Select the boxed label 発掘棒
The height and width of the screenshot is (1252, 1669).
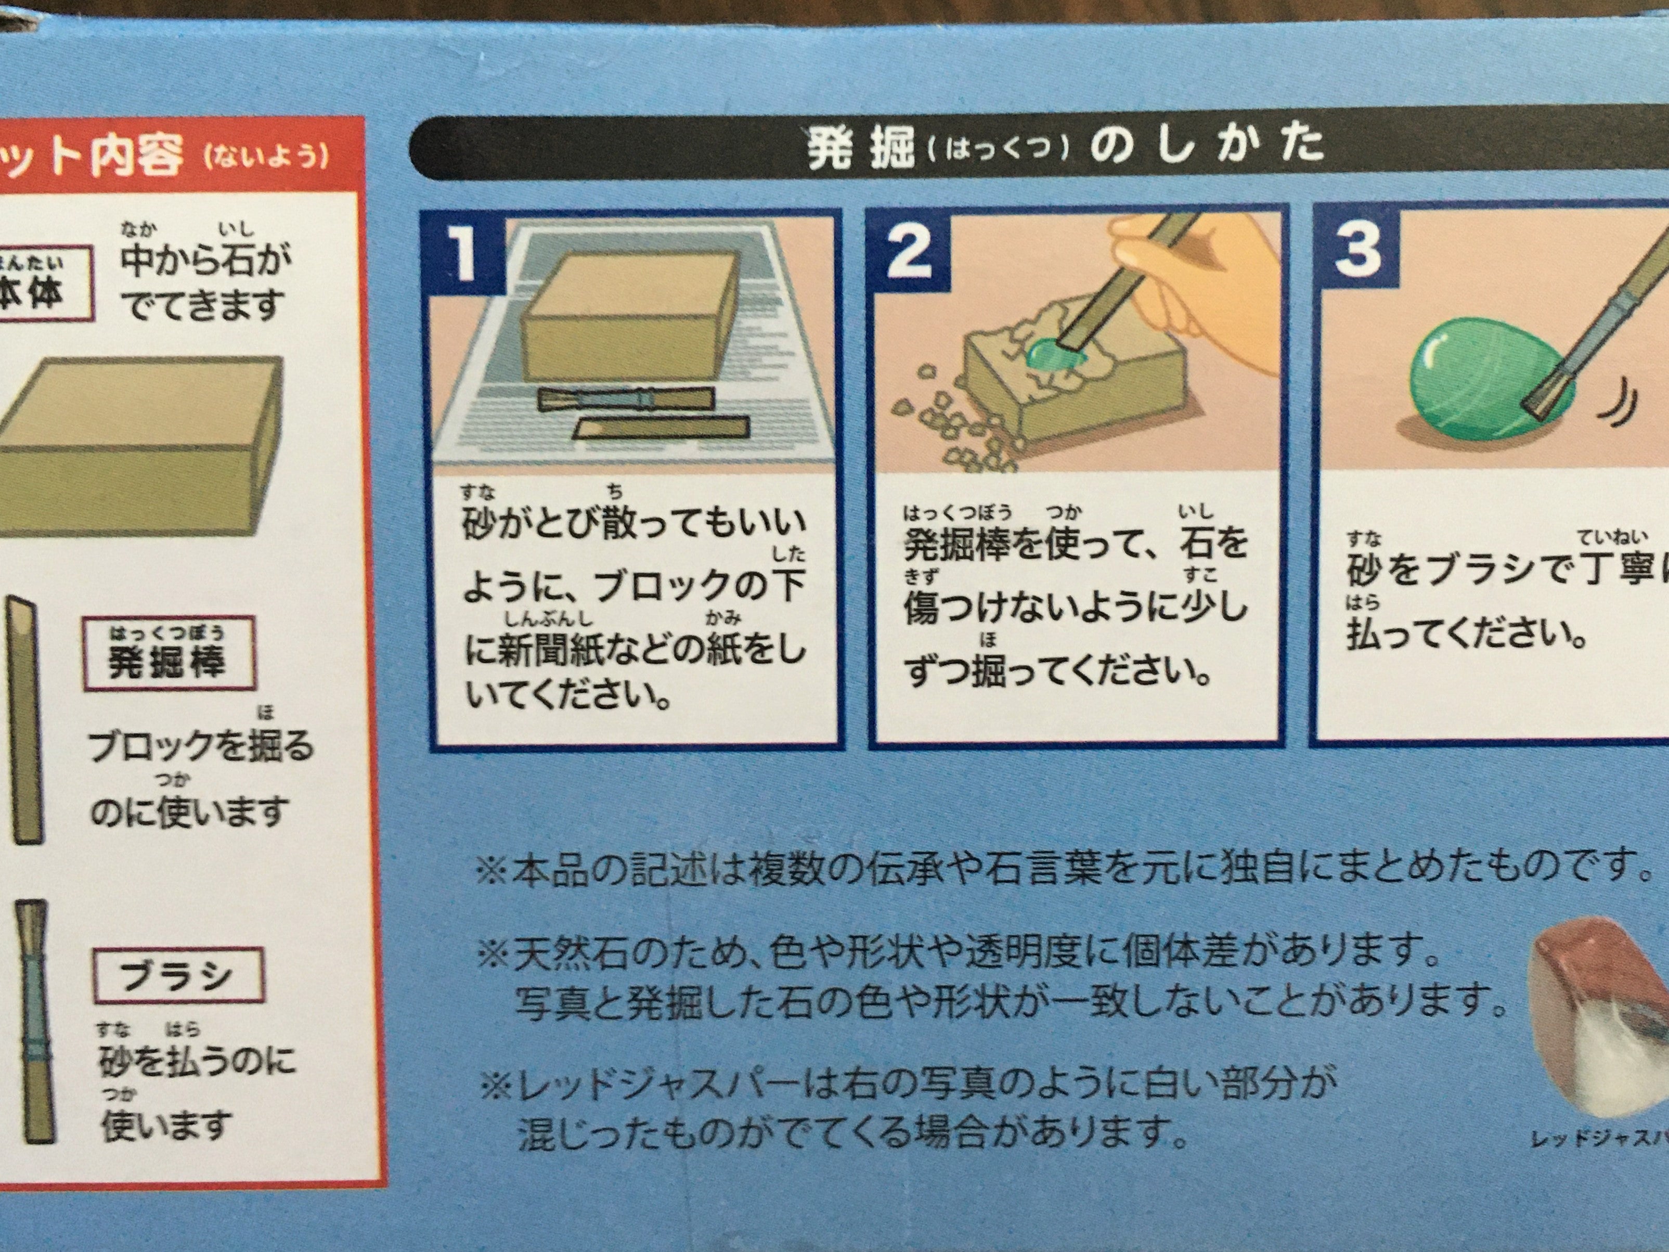167,662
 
